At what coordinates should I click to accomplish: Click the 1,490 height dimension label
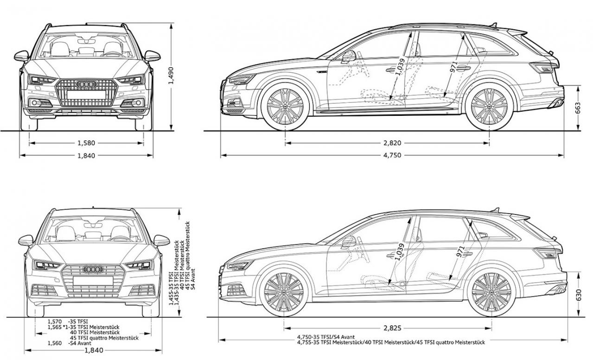(171, 76)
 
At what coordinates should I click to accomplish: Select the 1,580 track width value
(86, 143)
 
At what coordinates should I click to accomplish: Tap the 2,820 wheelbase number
(392, 143)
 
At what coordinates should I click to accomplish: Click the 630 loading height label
(579, 295)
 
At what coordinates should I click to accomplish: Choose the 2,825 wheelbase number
(392, 328)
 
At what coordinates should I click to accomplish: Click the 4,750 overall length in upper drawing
(392, 155)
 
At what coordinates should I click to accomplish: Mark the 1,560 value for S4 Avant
(55, 343)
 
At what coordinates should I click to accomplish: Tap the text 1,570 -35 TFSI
(68, 322)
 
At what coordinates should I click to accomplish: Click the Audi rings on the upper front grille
(86, 84)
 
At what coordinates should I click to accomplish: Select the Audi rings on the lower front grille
(93, 269)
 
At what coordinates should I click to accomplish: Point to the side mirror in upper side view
(349, 57)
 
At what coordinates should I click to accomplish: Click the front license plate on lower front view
(93, 281)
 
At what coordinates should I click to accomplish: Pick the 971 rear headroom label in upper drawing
(454, 67)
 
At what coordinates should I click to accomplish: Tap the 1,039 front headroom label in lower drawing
(400, 252)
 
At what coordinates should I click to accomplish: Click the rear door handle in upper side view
(463, 68)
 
